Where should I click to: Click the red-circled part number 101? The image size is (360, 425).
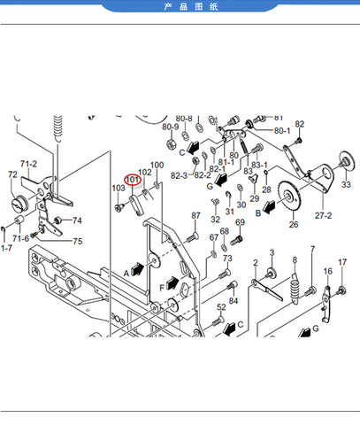tap(133, 180)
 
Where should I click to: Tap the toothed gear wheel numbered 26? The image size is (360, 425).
tap(289, 196)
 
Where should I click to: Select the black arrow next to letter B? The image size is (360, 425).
tap(269, 206)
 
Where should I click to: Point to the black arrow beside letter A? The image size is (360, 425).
tap(137, 269)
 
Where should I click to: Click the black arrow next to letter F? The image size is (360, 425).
tap(172, 283)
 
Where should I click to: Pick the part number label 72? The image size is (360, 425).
tap(12, 174)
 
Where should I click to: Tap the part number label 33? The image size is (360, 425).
tap(346, 184)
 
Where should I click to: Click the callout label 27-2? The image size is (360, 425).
tap(323, 215)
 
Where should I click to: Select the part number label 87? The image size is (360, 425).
tap(195, 215)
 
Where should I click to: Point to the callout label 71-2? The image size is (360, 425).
tap(28, 164)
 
